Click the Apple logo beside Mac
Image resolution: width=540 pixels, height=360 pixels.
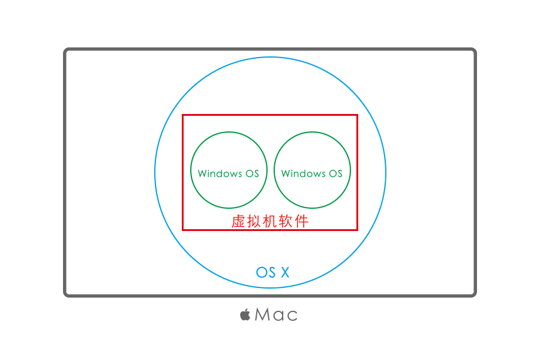point(245,314)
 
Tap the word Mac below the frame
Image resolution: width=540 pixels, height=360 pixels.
point(276,314)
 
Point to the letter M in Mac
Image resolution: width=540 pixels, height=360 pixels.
point(262,314)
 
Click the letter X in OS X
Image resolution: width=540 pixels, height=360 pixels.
point(284,272)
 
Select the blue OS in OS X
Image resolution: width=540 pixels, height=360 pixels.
point(266,272)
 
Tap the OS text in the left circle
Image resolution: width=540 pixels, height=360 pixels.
point(252,173)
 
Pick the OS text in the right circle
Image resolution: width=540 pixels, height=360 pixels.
point(335,173)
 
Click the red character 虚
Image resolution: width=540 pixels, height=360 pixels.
point(239,221)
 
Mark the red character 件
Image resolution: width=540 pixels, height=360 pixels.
point(301,221)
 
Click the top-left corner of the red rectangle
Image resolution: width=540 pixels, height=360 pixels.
point(183,115)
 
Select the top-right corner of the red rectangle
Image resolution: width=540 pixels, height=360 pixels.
point(357,115)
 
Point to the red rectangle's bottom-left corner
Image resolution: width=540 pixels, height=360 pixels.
point(183,229)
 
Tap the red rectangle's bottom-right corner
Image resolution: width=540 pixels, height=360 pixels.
point(357,229)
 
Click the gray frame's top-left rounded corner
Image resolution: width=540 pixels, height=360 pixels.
point(66,50)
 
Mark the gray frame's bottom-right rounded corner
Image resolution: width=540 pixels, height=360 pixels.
point(474,294)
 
